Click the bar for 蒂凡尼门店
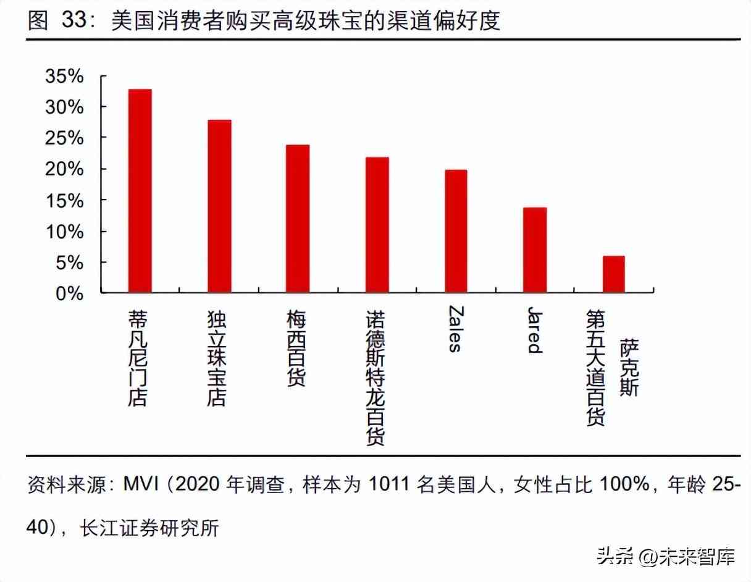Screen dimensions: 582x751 [140, 190]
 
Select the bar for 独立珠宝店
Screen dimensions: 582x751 [219, 206]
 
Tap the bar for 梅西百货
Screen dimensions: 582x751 [298, 218]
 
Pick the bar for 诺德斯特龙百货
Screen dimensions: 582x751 [377, 224]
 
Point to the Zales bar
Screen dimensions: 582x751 [456, 230]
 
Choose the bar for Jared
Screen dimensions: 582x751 [535, 250]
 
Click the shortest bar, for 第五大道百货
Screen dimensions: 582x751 [613, 274]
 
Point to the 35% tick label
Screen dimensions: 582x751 [64, 77]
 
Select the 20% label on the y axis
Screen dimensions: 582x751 [64, 169]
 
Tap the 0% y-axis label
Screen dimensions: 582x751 [69, 293]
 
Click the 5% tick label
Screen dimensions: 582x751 [69, 263]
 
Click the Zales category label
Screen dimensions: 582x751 [455, 329]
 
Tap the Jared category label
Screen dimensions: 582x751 [534, 329]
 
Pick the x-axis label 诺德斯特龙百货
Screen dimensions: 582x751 [376, 377]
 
